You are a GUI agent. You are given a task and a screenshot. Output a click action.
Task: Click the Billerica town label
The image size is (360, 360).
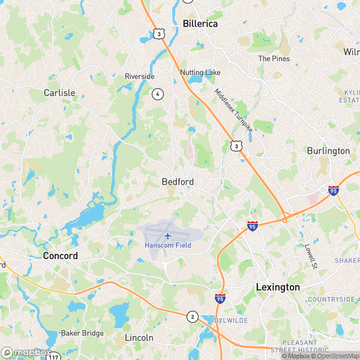(x=200, y=23)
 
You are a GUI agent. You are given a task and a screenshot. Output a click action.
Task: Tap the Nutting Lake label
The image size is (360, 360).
(x=200, y=73)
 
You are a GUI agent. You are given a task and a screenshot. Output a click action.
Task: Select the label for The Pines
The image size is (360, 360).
(x=274, y=59)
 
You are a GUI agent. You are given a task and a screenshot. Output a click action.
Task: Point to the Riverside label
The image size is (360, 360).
(x=139, y=76)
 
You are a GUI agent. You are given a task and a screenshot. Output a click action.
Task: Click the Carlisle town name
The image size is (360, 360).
(x=59, y=93)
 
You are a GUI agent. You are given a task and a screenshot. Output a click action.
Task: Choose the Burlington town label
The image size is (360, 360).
(x=328, y=151)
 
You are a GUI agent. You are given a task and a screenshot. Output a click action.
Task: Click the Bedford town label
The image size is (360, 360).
(x=177, y=181)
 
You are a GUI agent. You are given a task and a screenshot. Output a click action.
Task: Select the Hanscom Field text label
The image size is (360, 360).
(x=167, y=245)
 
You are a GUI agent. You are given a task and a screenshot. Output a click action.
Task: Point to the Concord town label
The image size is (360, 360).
(x=60, y=256)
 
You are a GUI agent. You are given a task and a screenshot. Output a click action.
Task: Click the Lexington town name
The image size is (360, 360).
(x=277, y=287)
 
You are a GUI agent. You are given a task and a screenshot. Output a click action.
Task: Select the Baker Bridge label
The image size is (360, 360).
(x=82, y=333)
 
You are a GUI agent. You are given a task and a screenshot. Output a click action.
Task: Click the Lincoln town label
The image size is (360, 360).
(x=139, y=338)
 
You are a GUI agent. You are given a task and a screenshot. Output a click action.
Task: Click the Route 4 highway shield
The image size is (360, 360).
(x=157, y=94)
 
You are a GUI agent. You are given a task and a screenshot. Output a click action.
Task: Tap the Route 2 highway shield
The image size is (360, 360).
(x=192, y=316)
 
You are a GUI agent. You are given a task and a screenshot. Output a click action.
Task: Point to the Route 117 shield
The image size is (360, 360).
(x=55, y=356)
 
